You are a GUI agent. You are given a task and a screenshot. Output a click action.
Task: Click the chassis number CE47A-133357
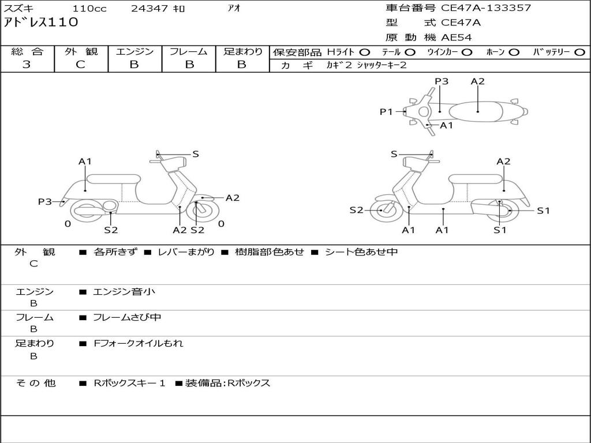485,8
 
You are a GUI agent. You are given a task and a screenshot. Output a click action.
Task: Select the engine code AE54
457,38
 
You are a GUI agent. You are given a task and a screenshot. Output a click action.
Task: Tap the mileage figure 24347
149,9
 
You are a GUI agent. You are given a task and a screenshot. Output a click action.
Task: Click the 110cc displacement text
89,9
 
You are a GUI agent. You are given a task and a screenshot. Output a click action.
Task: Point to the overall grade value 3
27,65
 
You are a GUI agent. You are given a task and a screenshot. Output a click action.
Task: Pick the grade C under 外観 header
80,65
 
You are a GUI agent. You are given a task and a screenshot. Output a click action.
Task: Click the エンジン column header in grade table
135,52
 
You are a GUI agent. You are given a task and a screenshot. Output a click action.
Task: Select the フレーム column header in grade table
189,52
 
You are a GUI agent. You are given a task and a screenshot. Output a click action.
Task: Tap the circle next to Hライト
364,52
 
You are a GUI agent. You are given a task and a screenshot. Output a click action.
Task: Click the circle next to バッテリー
579,52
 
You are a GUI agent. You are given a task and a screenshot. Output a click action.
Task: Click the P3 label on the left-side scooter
44,202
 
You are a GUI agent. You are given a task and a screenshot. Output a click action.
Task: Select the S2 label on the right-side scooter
356,210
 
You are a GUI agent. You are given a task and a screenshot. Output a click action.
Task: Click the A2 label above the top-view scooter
477,81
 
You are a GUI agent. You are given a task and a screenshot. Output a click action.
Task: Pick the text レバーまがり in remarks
186,252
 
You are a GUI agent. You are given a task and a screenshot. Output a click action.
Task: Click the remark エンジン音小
124,292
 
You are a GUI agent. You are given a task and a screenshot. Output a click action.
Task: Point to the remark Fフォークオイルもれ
139,343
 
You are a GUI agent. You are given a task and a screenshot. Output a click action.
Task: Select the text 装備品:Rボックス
227,383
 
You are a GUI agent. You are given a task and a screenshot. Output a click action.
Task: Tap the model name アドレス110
41,23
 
